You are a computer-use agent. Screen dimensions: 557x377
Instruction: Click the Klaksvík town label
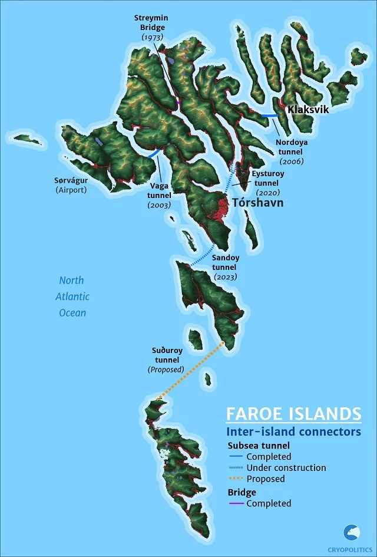coord(307,110)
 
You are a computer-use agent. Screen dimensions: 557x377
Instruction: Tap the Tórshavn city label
coord(258,203)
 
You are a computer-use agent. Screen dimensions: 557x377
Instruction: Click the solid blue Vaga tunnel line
coord(153,154)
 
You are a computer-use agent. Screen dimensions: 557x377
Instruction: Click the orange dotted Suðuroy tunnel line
coord(191,372)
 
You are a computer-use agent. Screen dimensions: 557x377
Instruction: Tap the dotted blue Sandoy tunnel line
coord(203,255)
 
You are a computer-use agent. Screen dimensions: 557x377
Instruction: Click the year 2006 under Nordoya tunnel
coord(292,161)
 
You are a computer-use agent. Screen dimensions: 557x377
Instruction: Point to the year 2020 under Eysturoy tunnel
coord(267,192)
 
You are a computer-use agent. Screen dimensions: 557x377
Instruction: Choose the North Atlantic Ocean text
coord(72,296)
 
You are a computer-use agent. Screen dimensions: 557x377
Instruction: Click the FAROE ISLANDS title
coord(294,412)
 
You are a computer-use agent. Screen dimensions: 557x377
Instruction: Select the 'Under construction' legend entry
coord(286,467)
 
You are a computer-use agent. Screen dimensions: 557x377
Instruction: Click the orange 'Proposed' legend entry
coord(265,479)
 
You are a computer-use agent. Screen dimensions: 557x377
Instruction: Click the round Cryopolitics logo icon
coord(352,532)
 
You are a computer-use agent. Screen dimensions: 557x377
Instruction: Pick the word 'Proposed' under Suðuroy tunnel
coord(166,370)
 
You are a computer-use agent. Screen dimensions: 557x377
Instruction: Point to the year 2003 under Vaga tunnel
coord(160,205)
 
